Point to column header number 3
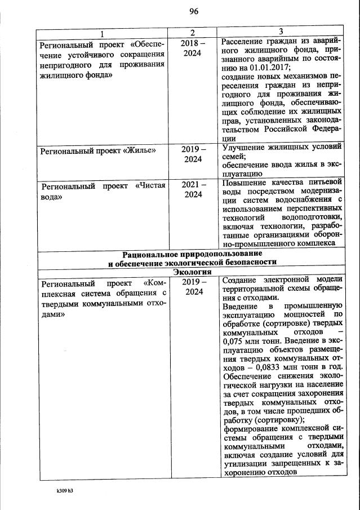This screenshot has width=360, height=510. point(281,32)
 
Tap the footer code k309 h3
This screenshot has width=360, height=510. point(64,491)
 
